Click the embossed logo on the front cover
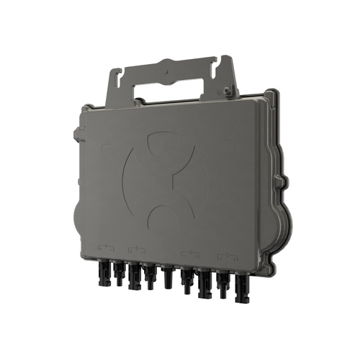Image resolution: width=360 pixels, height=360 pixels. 165,177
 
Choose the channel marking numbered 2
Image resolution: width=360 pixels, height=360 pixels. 190,253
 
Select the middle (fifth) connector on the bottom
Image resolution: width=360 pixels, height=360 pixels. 166,275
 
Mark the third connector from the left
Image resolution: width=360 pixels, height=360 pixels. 133,277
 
